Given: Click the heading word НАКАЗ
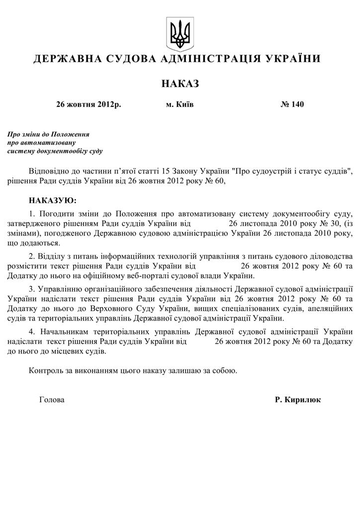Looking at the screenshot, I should click(x=180, y=84).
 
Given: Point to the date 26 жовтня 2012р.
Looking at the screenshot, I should click(x=89, y=104).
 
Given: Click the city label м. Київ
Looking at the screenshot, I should click(x=180, y=104).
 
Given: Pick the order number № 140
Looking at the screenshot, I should click(x=292, y=104).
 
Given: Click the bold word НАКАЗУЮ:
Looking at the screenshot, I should click(x=53, y=201).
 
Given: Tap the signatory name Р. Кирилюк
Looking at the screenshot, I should click(x=297, y=400).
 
